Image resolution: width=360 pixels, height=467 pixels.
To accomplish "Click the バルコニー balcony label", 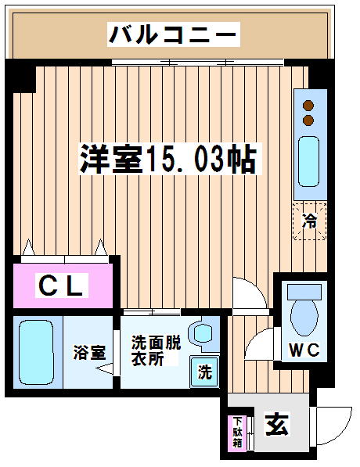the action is pyautogui.click(x=174, y=34).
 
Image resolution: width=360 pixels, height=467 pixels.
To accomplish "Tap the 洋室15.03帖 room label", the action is pyautogui.click(x=169, y=159).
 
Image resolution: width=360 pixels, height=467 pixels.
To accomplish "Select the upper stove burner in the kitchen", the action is pyautogui.click(x=308, y=105).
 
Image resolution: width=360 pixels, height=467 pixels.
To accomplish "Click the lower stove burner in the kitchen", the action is pyautogui.click(x=308, y=120).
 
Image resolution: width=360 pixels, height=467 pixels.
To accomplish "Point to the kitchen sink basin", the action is pyautogui.click(x=309, y=161).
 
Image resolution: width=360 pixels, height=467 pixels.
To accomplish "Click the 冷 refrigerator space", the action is pyautogui.click(x=310, y=221).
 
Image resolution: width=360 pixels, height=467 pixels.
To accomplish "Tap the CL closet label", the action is pyautogui.click(x=61, y=286).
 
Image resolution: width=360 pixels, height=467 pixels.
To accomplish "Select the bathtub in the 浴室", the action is pyautogui.click(x=36, y=352).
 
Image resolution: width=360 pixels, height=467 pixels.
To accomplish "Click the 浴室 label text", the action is pyautogui.click(x=89, y=352).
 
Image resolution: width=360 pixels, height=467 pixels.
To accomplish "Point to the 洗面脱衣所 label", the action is pyautogui.click(x=156, y=350).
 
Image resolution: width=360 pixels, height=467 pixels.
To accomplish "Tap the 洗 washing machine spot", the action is pyautogui.click(x=205, y=372).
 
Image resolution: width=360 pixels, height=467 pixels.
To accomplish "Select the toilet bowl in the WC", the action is pyautogui.click(x=304, y=318).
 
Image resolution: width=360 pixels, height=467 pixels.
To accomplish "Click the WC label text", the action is pyautogui.click(x=304, y=350).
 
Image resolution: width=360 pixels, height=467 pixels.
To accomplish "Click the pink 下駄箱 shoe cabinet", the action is pyautogui.click(x=237, y=433).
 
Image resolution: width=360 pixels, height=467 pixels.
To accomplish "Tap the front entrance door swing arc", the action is pyautogui.click(x=343, y=432).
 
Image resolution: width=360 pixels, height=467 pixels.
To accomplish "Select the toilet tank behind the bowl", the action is pyautogui.click(x=304, y=292).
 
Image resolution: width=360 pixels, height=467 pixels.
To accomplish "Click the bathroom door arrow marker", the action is pyautogui.click(x=104, y=368).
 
